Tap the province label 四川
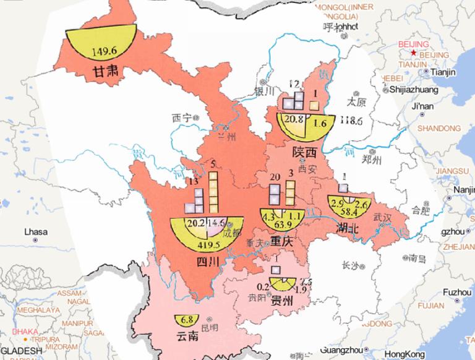[204, 262]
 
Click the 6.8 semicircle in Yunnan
[187, 320]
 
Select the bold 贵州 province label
[285, 302]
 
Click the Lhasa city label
[35, 233]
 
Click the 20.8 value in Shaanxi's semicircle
[295, 120]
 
